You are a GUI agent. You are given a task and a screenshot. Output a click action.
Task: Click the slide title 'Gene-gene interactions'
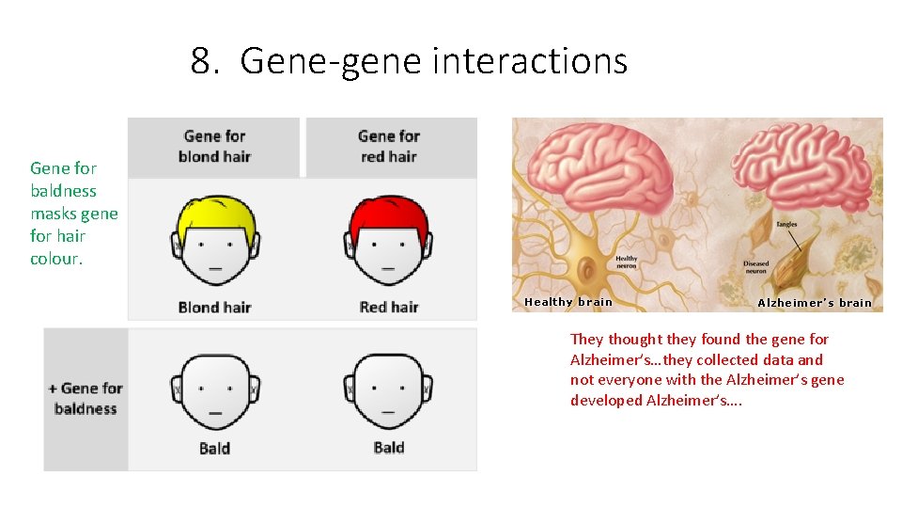click(x=409, y=61)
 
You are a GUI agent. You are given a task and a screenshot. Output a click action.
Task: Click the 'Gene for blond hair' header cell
click(x=214, y=147)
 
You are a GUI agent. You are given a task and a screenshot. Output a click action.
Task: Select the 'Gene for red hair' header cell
click(x=389, y=147)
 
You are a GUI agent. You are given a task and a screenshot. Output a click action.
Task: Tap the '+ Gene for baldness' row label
click(x=86, y=398)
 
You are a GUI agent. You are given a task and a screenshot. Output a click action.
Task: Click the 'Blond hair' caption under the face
click(x=214, y=307)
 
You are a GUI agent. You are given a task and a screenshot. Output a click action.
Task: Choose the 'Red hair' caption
click(x=389, y=307)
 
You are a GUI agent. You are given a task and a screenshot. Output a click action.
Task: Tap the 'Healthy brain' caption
click(x=568, y=302)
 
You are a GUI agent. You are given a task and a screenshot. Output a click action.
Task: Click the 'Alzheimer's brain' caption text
click(x=815, y=303)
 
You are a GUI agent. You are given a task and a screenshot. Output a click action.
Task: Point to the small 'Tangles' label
click(x=786, y=225)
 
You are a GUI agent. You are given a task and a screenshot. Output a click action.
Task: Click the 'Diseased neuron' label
click(x=756, y=266)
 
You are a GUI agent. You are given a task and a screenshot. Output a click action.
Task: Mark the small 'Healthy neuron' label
click(x=626, y=262)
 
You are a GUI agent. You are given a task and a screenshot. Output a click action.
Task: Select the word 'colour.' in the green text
click(x=56, y=259)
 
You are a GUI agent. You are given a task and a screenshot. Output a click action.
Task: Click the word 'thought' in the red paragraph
click(x=634, y=339)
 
